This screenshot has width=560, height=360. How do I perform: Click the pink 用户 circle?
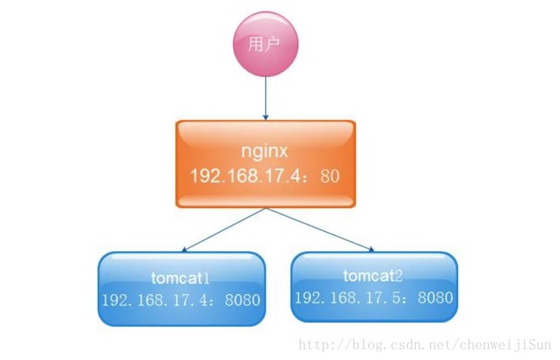265,45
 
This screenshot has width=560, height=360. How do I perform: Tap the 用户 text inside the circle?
265,45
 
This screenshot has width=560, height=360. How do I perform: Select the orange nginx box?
265,163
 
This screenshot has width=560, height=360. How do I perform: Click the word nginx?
265,151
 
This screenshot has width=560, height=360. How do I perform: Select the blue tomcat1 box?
182,288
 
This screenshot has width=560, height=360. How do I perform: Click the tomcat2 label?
373,275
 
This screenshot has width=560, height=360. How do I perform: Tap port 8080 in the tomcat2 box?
434,297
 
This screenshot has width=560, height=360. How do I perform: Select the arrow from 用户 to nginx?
265,96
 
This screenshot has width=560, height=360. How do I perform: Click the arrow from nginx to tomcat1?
222,230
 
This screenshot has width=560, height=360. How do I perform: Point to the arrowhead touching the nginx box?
265,116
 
